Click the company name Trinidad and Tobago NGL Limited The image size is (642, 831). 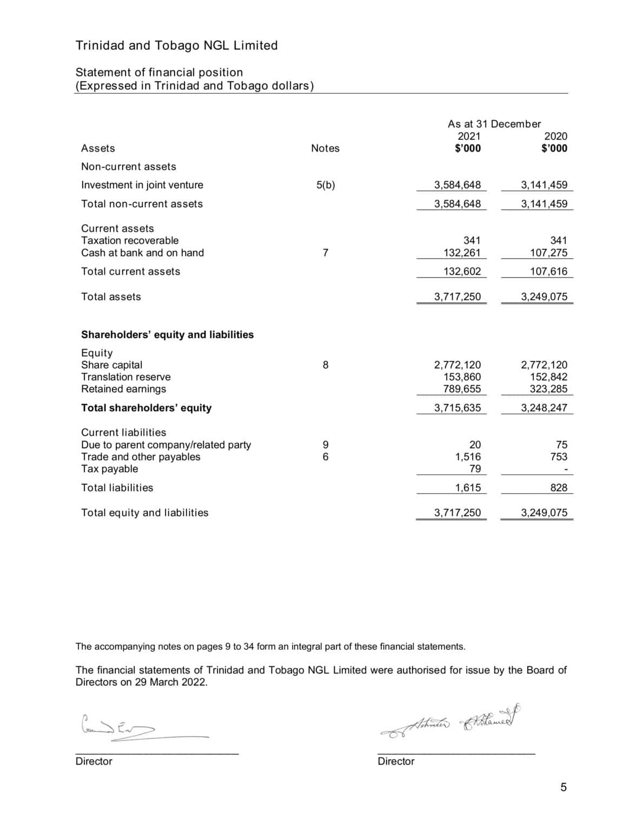(176, 45)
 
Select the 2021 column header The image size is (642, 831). (468, 136)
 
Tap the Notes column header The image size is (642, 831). (325, 148)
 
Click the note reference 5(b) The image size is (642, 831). (325, 185)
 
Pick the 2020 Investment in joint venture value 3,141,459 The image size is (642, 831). (544, 185)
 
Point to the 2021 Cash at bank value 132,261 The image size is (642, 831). (462, 253)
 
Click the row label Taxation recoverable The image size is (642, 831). (130, 240)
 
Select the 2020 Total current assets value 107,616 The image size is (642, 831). (548, 272)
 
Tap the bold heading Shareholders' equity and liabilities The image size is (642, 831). (167, 334)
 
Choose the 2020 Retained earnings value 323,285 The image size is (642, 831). (548, 388)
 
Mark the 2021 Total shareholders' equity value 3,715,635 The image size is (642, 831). (457, 408)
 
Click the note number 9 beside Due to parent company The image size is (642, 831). (325, 445)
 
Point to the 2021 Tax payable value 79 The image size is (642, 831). (474, 469)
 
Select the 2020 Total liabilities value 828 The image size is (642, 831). (558, 487)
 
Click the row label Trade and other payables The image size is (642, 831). (141, 457)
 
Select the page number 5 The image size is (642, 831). (563, 787)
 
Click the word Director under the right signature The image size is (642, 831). (396, 761)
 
